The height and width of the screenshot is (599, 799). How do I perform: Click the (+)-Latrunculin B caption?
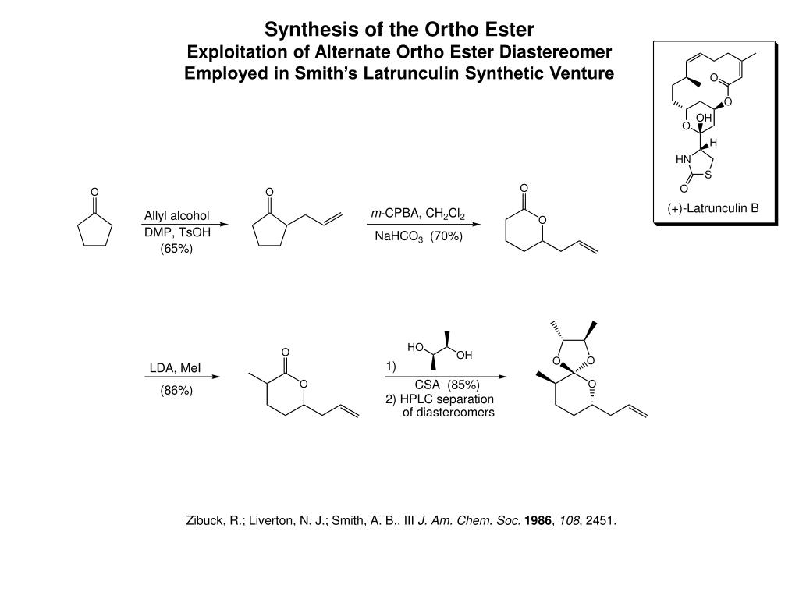[713, 209]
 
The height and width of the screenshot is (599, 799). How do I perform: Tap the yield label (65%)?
[176, 249]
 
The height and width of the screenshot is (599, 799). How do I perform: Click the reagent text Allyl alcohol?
[177, 215]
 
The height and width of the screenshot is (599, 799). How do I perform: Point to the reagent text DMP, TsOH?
[177, 232]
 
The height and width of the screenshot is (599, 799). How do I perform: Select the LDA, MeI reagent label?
[176, 367]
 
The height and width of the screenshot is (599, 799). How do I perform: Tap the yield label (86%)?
[176, 391]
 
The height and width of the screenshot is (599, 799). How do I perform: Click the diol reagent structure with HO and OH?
[439, 349]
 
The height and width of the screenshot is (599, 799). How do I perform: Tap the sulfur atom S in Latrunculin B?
[707, 175]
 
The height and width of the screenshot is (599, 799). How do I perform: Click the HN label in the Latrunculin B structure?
[684, 159]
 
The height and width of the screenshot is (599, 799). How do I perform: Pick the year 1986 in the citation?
[538, 520]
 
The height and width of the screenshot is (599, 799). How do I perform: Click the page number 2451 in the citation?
[601, 520]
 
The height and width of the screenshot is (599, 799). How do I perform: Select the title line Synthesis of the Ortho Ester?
[399, 30]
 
